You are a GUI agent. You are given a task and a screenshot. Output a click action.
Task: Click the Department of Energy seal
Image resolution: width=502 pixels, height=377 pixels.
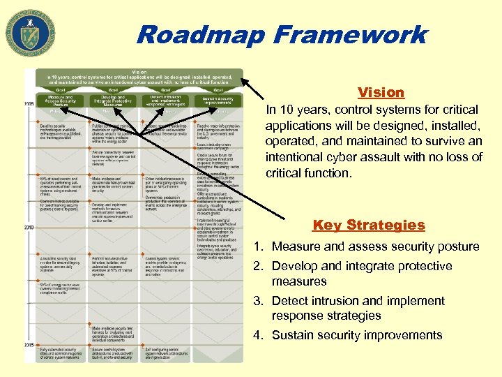click(29, 32)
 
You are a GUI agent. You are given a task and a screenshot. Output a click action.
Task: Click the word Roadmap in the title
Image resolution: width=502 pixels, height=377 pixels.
click(201, 34)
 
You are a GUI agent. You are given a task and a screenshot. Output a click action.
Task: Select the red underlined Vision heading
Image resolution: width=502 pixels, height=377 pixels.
click(381, 92)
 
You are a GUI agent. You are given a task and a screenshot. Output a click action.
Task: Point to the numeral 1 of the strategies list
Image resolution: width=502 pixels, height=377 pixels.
click(257, 246)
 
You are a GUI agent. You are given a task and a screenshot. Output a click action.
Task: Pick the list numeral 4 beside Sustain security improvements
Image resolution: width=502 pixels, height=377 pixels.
click(257, 335)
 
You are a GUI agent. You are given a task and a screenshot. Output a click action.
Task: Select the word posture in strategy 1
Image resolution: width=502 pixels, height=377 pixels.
click(456, 246)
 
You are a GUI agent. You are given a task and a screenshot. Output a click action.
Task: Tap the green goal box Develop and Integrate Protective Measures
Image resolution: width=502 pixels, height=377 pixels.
click(112, 101)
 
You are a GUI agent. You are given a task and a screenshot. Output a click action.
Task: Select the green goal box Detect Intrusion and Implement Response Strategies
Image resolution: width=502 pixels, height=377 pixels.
click(165, 101)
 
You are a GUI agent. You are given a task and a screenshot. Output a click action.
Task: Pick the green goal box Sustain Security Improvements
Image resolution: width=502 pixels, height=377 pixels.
click(217, 100)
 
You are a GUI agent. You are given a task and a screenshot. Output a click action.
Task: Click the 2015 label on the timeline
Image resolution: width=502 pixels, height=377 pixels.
click(29, 345)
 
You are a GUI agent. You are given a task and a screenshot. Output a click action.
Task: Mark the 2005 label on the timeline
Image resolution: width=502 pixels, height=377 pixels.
click(29, 103)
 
